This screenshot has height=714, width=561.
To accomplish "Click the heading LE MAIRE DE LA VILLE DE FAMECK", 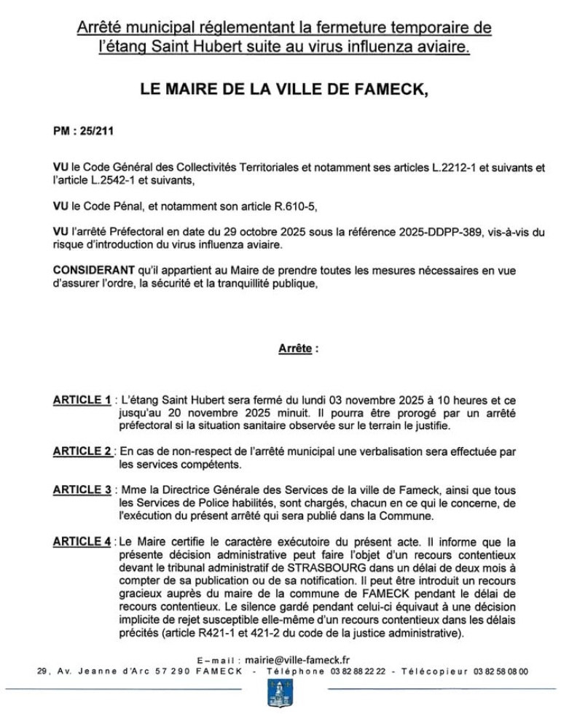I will (x=280, y=90).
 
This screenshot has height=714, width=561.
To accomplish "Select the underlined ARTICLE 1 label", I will (x=81, y=400).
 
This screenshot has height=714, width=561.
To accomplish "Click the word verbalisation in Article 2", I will (x=382, y=451).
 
